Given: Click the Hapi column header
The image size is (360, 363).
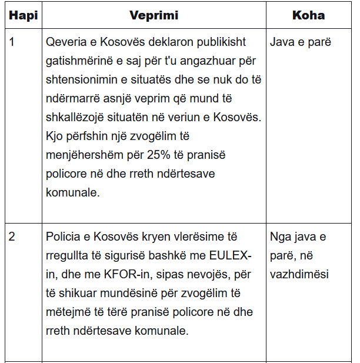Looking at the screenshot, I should [24, 15].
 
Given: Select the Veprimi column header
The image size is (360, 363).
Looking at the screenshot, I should [154, 15].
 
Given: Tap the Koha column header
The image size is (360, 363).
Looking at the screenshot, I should [308, 15].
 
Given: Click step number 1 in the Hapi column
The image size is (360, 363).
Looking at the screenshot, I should [12, 43].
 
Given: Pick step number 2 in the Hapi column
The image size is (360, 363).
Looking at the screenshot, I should [12, 237].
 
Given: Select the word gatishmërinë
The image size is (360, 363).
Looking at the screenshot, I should [83, 61].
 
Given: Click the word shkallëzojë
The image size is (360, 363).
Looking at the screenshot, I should [78, 117].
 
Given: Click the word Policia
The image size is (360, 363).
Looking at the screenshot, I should [65, 237].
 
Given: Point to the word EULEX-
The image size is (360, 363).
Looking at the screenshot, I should [231, 256].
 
